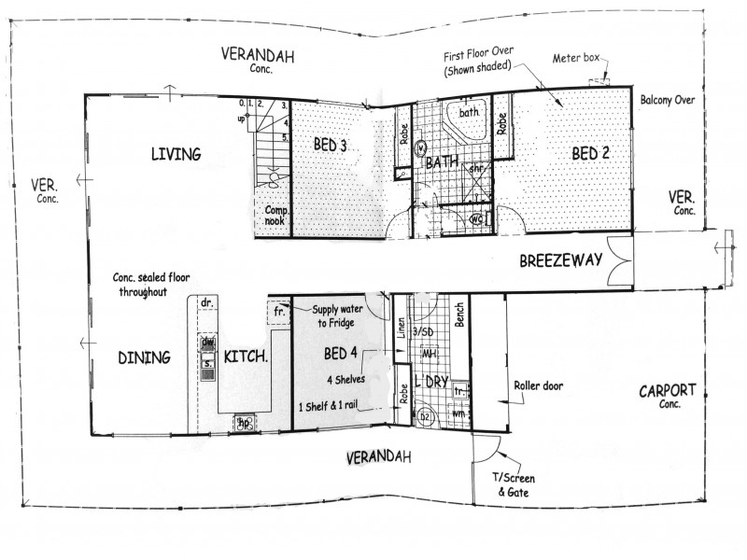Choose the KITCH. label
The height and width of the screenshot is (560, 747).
pos(247,356)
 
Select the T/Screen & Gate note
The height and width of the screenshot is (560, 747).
pos(515,483)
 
